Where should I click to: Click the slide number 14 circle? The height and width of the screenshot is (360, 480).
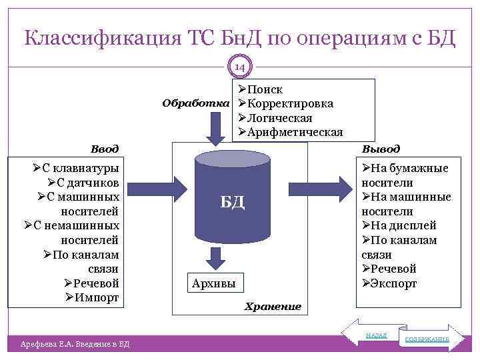[x=240, y=67]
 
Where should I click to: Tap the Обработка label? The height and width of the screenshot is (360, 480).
[x=197, y=104]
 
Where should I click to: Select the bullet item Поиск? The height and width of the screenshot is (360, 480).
[x=265, y=89]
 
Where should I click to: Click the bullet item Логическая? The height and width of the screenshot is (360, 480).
[x=279, y=118]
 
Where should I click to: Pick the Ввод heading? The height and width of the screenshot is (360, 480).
[x=105, y=149]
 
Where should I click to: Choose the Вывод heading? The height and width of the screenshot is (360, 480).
[x=381, y=149]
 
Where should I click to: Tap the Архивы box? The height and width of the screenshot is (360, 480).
[x=215, y=283]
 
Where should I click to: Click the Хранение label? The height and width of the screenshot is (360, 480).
[x=273, y=307]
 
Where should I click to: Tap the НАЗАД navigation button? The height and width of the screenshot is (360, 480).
[x=375, y=335]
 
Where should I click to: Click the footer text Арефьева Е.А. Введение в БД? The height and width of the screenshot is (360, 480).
[x=75, y=343]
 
